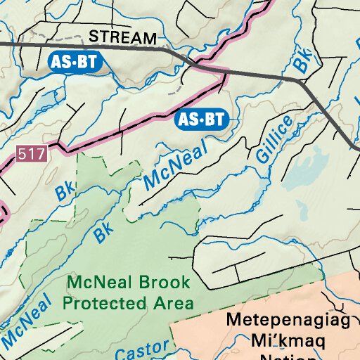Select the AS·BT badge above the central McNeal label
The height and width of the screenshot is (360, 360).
click(202, 119)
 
